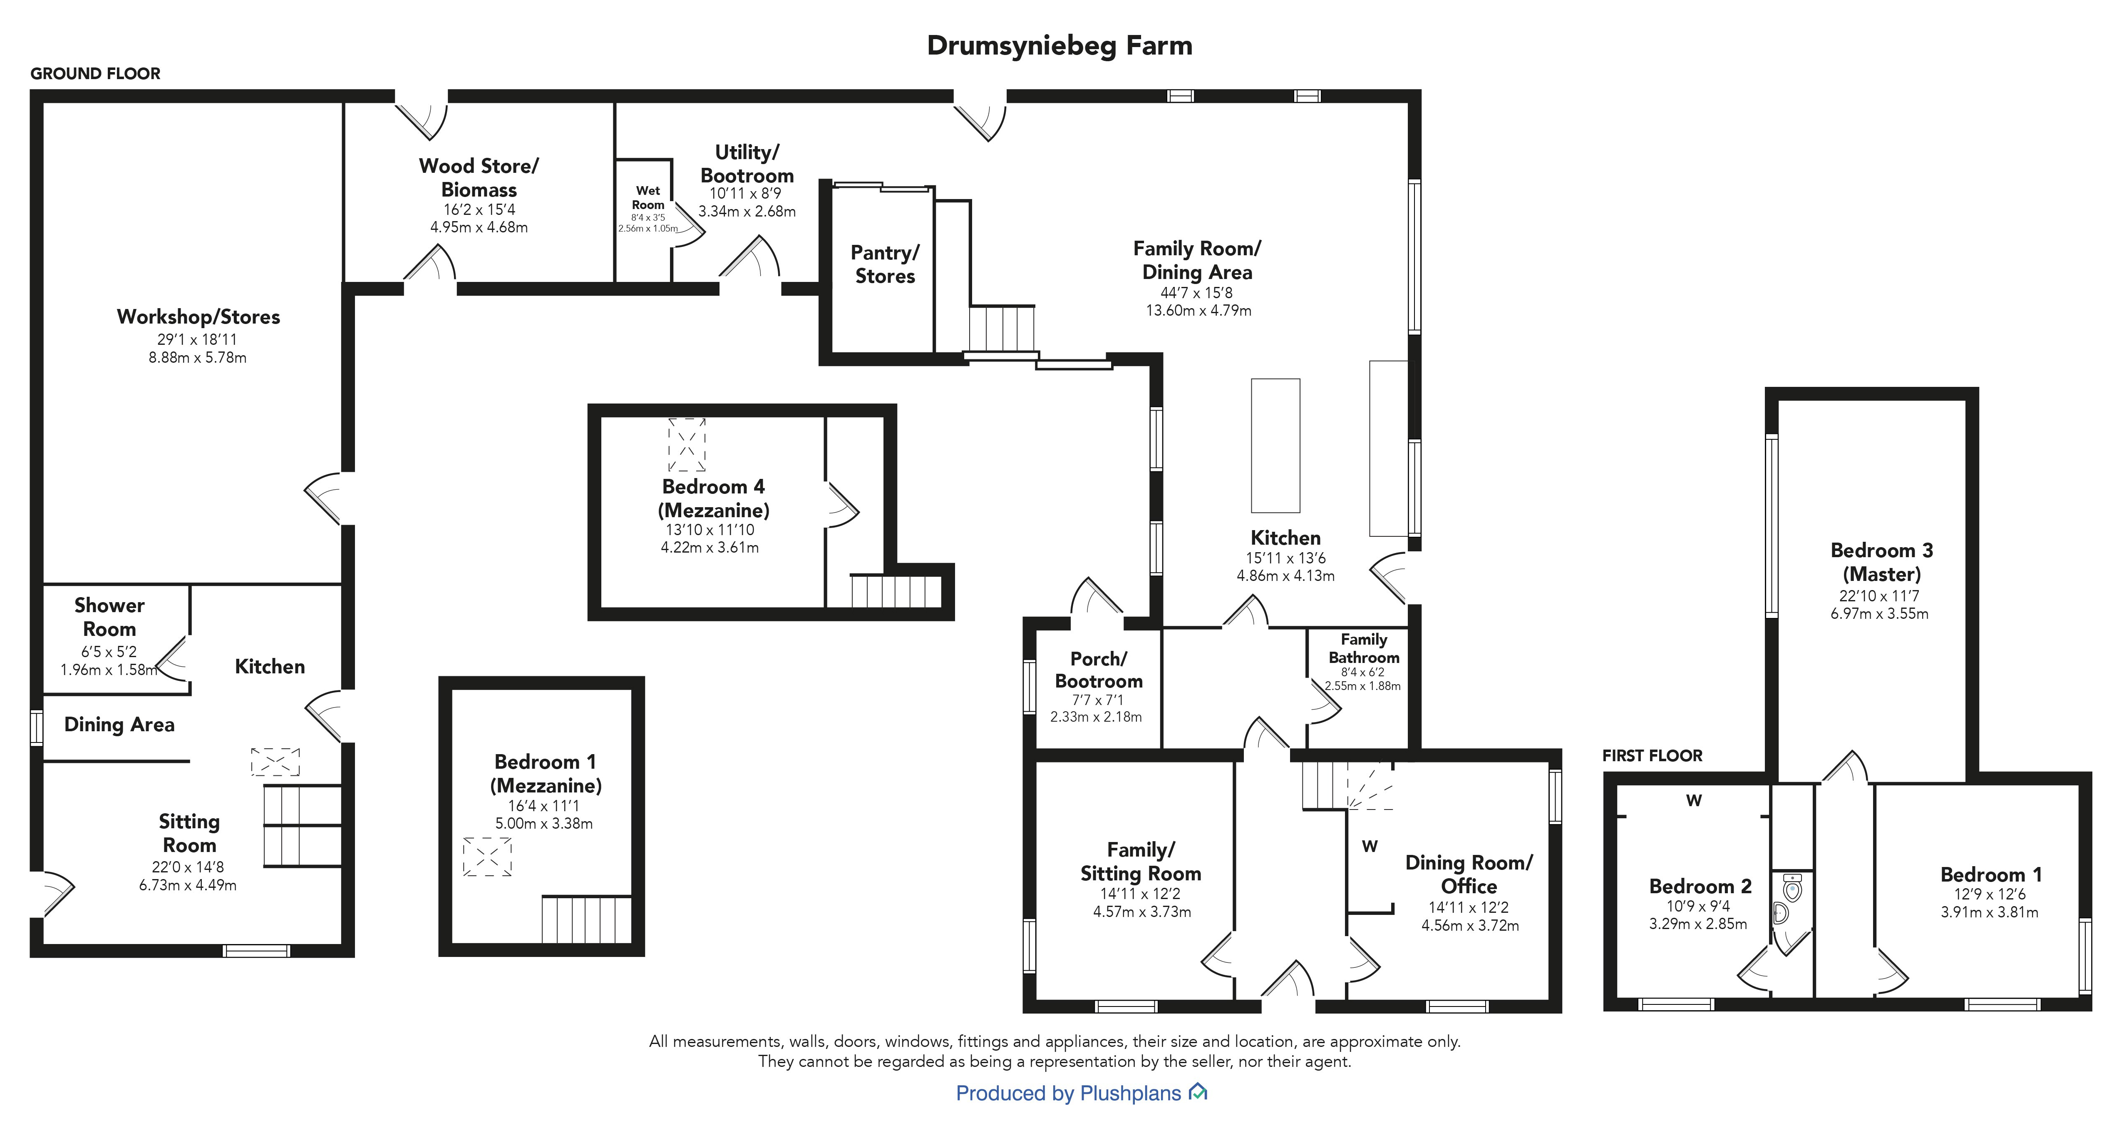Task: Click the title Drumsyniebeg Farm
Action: click(x=1060, y=45)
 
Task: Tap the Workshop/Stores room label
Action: click(x=198, y=317)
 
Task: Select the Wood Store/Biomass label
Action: click(x=479, y=177)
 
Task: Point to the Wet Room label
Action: click(x=648, y=197)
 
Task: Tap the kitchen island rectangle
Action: click(x=1275, y=446)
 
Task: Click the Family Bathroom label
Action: click(x=1364, y=648)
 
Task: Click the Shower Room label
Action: click(x=110, y=617)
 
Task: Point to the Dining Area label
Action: click(x=119, y=724)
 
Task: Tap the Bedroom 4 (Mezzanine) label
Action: click(x=713, y=498)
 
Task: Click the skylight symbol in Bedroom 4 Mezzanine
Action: click(x=687, y=445)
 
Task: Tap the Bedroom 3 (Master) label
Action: click(x=1880, y=562)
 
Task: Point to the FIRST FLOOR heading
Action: click(x=1653, y=756)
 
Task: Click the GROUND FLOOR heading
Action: click(x=96, y=73)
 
